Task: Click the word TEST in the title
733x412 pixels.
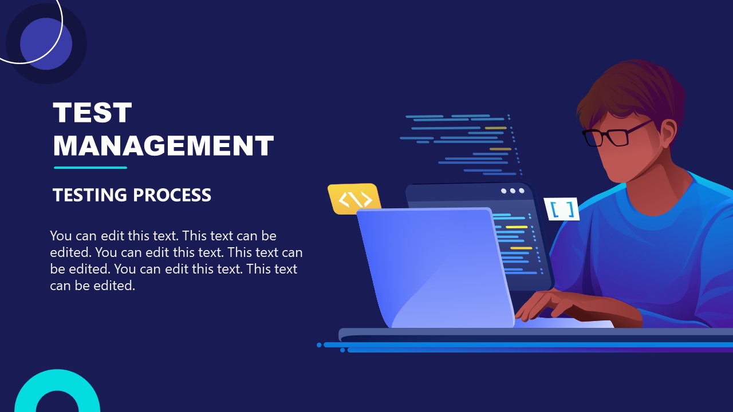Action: pos(92,113)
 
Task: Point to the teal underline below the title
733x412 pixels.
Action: pos(90,168)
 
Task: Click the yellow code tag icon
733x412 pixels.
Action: pos(355,199)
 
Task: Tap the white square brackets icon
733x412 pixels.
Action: pos(562,209)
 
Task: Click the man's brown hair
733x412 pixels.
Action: pos(636,92)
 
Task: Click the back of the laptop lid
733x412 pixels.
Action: pos(435,263)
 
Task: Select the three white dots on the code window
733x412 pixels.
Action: pos(513,191)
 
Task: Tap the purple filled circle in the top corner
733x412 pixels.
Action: pos(46,44)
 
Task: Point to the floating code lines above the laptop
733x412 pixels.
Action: pos(461,143)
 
